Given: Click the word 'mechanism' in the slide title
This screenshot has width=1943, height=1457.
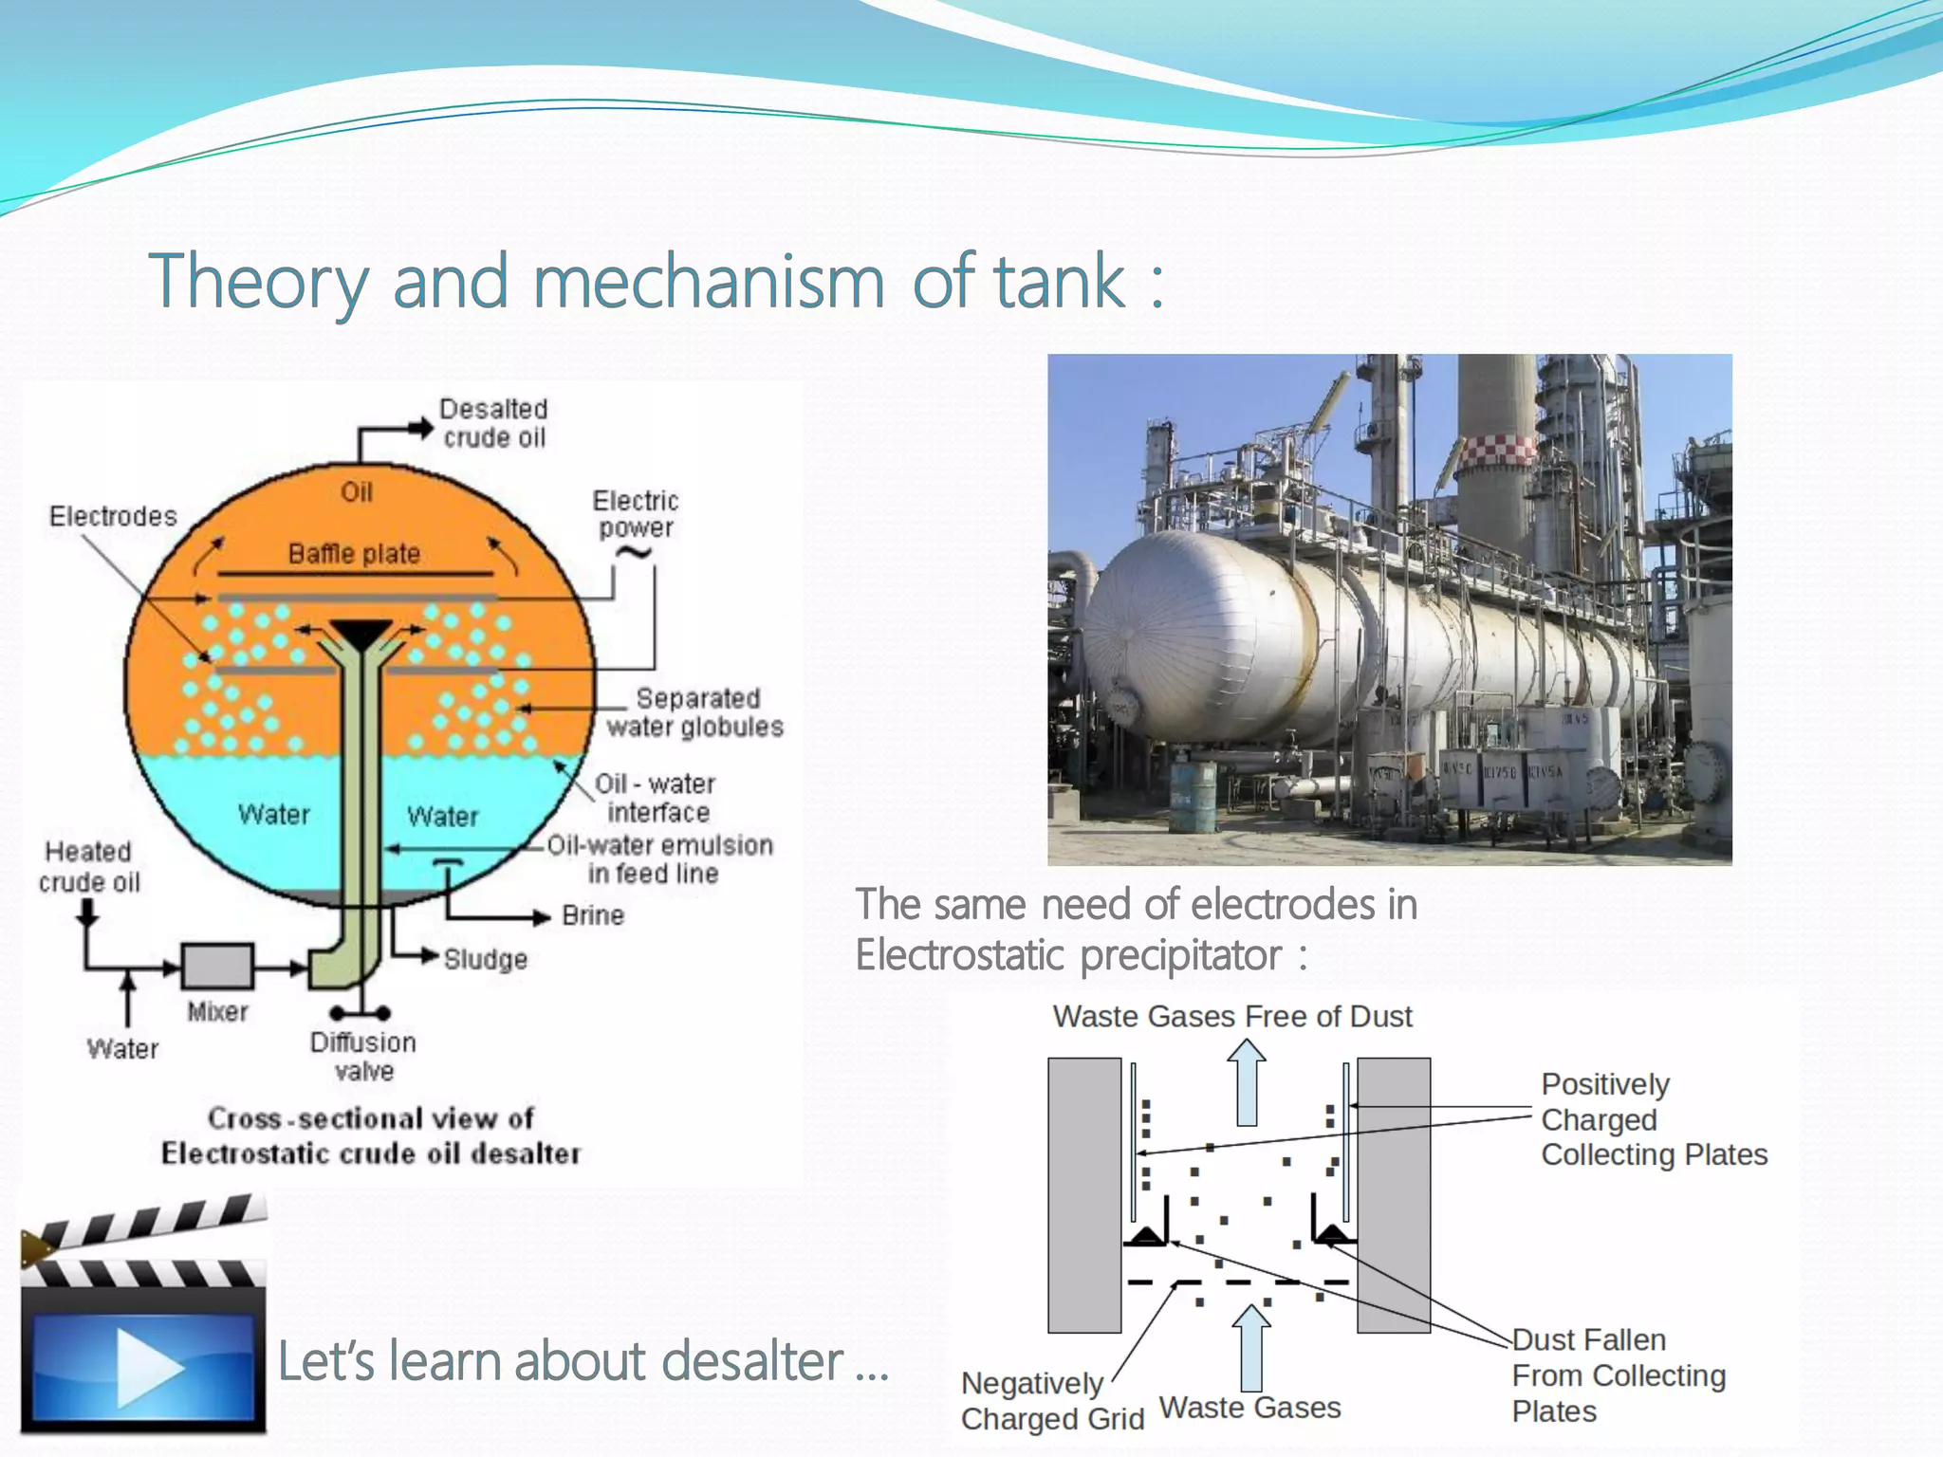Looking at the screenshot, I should click(x=709, y=282).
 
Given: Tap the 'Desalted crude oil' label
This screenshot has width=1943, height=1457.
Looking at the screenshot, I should click(x=493, y=423).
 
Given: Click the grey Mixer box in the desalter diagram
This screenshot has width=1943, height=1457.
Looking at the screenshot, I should click(x=217, y=967).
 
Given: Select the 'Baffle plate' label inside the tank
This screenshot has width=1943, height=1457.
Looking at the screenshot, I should click(x=354, y=554).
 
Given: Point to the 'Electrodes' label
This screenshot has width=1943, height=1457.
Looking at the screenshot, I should click(x=113, y=516).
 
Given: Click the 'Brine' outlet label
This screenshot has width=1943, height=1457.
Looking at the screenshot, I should click(x=593, y=915).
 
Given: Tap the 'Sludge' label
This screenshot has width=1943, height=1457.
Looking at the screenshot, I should click(x=485, y=959).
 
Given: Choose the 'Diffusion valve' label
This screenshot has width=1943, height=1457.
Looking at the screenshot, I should click(x=363, y=1057).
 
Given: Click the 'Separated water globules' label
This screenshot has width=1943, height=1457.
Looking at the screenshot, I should click(x=696, y=712).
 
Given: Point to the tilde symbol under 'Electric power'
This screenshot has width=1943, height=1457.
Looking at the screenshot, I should click(x=633, y=553).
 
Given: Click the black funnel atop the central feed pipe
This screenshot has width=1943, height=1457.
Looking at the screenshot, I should click(x=361, y=634).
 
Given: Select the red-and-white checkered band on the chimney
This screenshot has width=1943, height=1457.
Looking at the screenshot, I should click(x=1496, y=452).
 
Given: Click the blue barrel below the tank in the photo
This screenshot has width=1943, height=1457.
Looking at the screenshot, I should click(x=1193, y=798).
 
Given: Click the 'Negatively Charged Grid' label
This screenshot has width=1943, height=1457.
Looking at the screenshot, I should click(x=1051, y=1401).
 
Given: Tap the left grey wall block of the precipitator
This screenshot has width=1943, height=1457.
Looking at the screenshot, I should click(x=1084, y=1195).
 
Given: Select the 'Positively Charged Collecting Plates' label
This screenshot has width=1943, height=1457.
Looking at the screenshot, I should click(x=1653, y=1119).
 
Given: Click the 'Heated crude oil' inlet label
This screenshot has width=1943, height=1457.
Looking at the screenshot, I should click(x=89, y=867).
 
